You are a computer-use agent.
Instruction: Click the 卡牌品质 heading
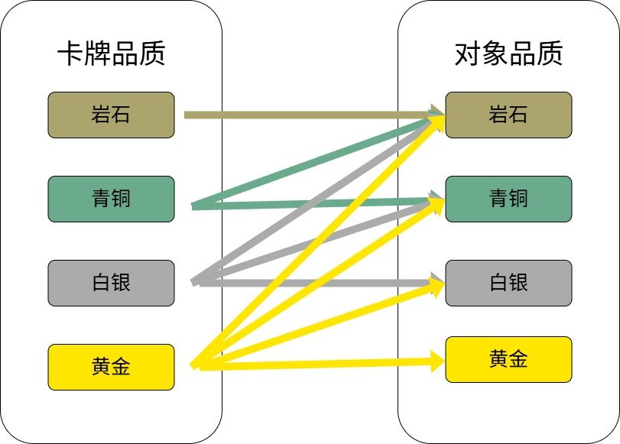pos(111,54)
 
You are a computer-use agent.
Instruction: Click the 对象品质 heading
pos(508,54)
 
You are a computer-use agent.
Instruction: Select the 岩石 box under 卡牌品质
pos(111,115)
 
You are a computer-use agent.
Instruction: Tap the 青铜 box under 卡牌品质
pos(111,199)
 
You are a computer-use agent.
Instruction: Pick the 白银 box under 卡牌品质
pos(111,283)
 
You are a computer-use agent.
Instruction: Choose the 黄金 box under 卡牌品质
pos(111,367)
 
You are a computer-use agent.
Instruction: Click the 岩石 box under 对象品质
pos(508,115)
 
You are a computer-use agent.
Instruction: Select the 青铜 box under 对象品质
pos(508,199)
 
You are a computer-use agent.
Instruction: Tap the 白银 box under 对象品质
pos(508,283)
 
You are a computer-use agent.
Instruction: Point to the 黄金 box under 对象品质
pos(508,359)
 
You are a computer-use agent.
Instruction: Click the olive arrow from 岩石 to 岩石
pos(306,115)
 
